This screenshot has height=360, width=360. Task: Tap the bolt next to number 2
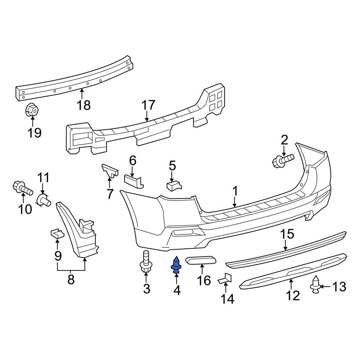click(x=283, y=160)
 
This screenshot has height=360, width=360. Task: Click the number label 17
click(x=148, y=105)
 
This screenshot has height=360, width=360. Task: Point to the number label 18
click(x=83, y=105)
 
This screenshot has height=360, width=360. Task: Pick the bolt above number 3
click(x=146, y=262)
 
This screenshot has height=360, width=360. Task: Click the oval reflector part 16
click(x=201, y=260)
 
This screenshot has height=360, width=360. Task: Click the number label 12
click(x=293, y=295)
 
